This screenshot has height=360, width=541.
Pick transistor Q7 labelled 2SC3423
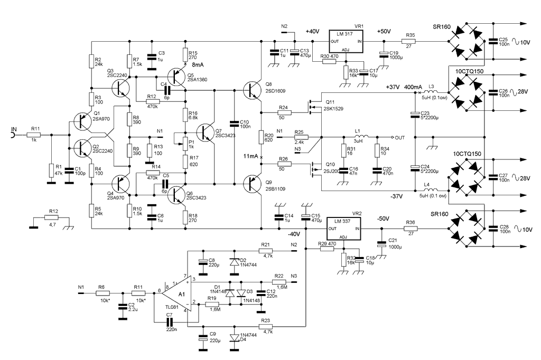point(206,132)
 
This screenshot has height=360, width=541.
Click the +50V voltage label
point(384,32)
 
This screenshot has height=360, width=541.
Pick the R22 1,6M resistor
point(279,281)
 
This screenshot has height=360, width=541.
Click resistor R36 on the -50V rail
point(411,229)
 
